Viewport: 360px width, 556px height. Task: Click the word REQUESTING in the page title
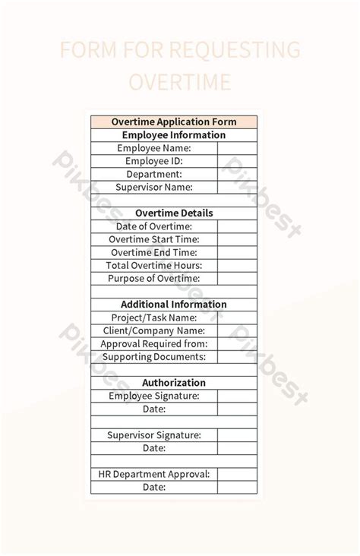pyautogui.click(x=234, y=51)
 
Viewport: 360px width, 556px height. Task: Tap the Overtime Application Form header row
pyautogui.click(x=174, y=122)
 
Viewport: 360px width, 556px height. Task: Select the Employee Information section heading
pyautogui.click(x=174, y=135)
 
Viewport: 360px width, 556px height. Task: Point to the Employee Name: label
pyautogui.click(x=154, y=148)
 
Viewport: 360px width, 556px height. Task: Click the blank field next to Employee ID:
pyautogui.click(x=237, y=161)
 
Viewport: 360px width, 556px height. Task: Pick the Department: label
pyautogui.click(x=154, y=174)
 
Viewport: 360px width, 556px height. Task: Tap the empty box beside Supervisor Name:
pyautogui.click(x=237, y=187)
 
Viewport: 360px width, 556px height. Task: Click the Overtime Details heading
pyautogui.click(x=174, y=213)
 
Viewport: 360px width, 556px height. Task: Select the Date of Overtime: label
pyautogui.click(x=154, y=226)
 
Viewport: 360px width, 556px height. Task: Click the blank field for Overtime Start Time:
pyautogui.click(x=237, y=239)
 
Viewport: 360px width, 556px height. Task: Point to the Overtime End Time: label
pyautogui.click(x=154, y=252)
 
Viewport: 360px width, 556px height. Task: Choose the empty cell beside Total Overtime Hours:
pyautogui.click(x=237, y=265)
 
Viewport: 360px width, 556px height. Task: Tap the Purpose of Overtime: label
pyautogui.click(x=154, y=278)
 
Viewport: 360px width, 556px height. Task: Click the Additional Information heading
pyautogui.click(x=174, y=305)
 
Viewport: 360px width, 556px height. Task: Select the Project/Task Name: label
pyautogui.click(x=154, y=317)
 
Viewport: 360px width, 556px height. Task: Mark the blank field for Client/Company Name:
pyautogui.click(x=237, y=330)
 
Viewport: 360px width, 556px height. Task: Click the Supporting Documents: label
pyautogui.click(x=154, y=356)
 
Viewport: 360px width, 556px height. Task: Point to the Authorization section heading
pyautogui.click(x=174, y=383)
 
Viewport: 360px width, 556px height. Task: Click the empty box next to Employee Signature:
pyautogui.click(x=237, y=396)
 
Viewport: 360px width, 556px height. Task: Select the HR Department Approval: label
pyautogui.click(x=154, y=474)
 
